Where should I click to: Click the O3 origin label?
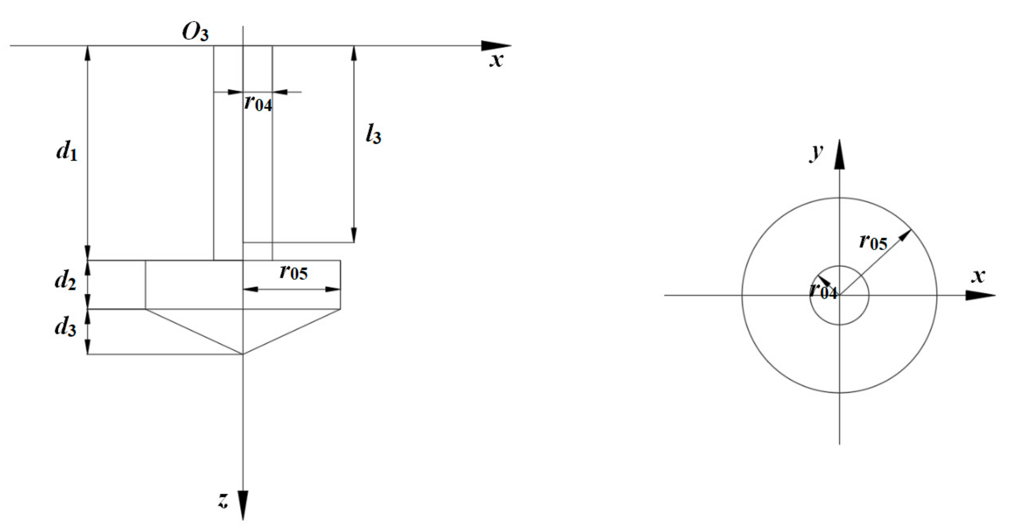(195, 33)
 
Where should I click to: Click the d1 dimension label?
(67, 151)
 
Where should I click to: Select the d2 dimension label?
(65, 280)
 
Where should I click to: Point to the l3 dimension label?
(373, 135)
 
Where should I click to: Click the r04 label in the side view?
(258, 103)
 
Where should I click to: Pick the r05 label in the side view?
(294, 272)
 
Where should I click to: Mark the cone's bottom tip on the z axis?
(243, 354)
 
